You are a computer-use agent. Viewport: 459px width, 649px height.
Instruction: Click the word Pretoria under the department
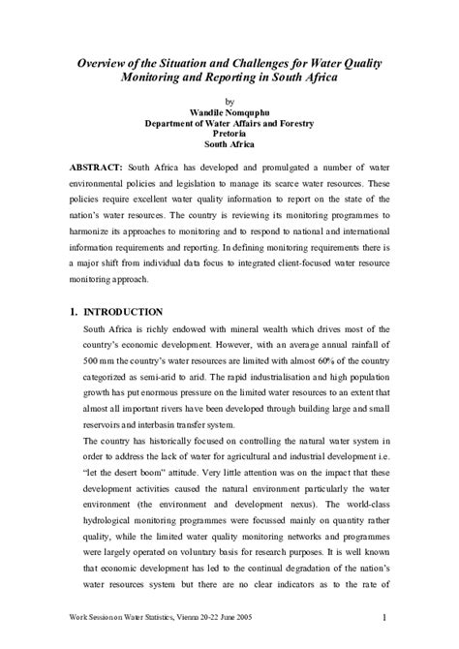pos(229,138)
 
